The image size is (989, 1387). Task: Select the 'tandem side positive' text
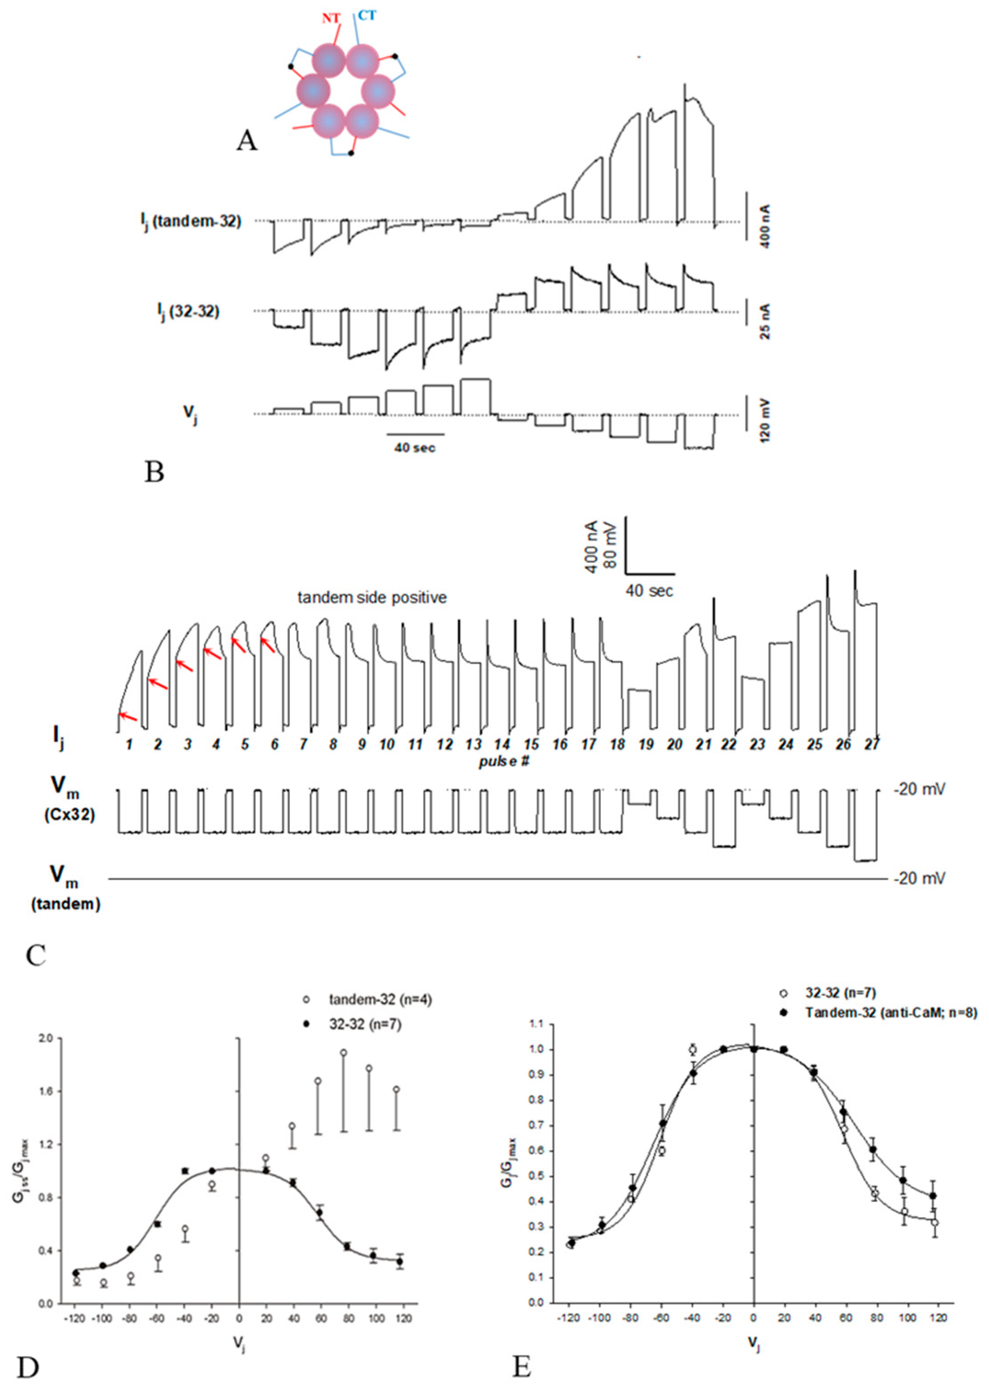371,597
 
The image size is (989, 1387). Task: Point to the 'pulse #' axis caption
503,761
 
